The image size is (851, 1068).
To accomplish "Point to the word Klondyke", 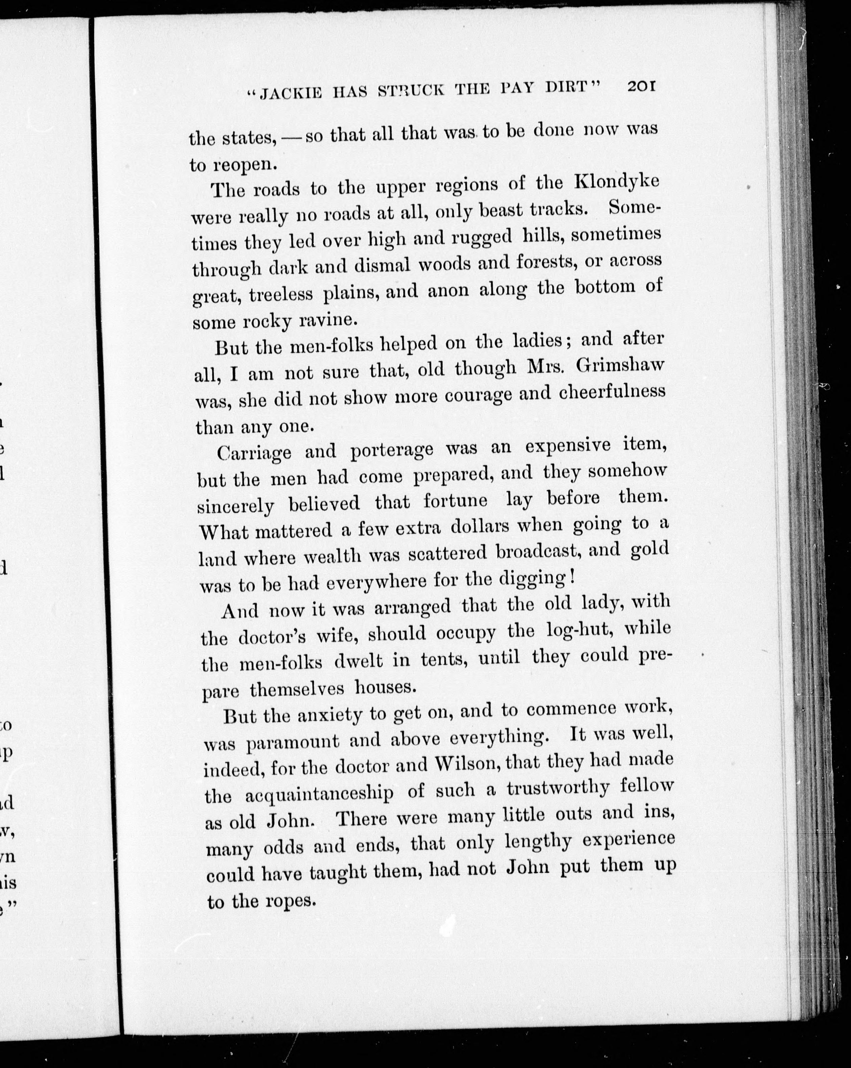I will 617,181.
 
